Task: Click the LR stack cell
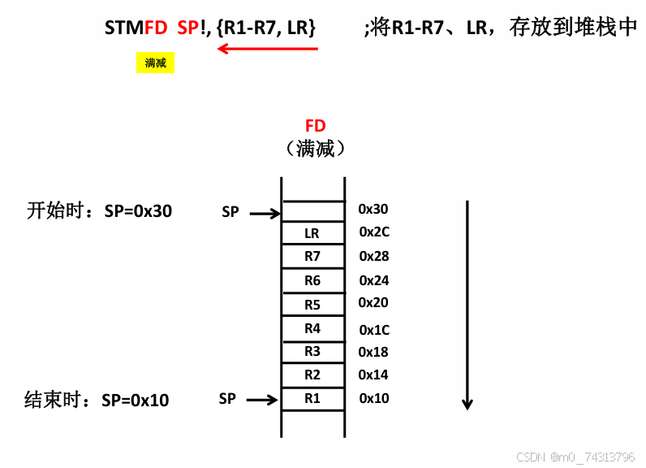tap(312, 233)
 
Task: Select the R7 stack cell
tap(312, 257)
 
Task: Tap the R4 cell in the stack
tap(312, 329)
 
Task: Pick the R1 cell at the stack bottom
tap(312, 399)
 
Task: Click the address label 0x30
tap(373, 210)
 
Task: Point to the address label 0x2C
tap(374, 232)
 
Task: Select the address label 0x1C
tap(374, 329)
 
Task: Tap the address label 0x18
tap(373, 352)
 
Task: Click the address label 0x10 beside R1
tap(374, 399)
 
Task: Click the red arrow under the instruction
tap(268, 49)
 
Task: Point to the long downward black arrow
tap(467, 305)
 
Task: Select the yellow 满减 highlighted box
tap(155, 63)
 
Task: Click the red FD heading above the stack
tap(315, 126)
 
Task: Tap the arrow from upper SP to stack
tap(265, 214)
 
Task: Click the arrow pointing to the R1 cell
tap(262, 400)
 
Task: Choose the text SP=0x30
tap(139, 211)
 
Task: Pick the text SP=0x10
tap(136, 400)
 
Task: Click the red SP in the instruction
tap(187, 28)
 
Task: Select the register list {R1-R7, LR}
tap(266, 28)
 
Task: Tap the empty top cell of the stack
tap(312, 211)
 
